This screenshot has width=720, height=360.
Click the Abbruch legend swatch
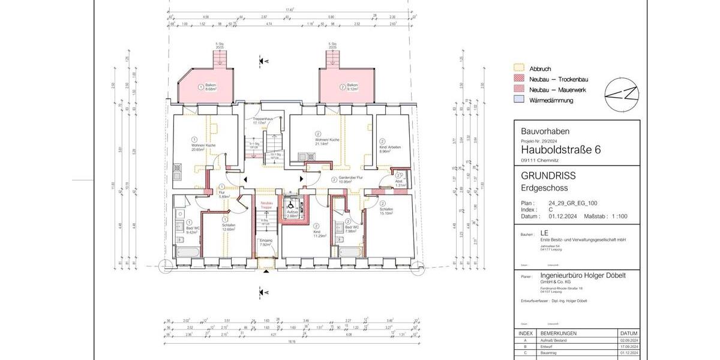pyautogui.click(x=520, y=68)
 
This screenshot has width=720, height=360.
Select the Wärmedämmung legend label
pyautogui.click(x=551, y=100)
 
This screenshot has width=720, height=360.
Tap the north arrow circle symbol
pyautogui.click(x=621, y=94)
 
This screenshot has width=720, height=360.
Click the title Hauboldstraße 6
pyautogui.click(x=560, y=149)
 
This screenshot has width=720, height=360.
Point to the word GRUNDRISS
pyautogui.click(x=548, y=176)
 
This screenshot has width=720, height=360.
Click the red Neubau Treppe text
pyautogui.click(x=266, y=205)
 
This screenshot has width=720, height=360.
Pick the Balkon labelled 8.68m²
pyautogui.click(x=210, y=88)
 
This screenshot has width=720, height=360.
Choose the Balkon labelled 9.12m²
pyautogui.click(x=352, y=88)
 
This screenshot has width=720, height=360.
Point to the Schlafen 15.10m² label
pyautogui.click(x=386, y=211)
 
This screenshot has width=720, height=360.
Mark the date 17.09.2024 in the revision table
pyautogui.click(x=628, y=347)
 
